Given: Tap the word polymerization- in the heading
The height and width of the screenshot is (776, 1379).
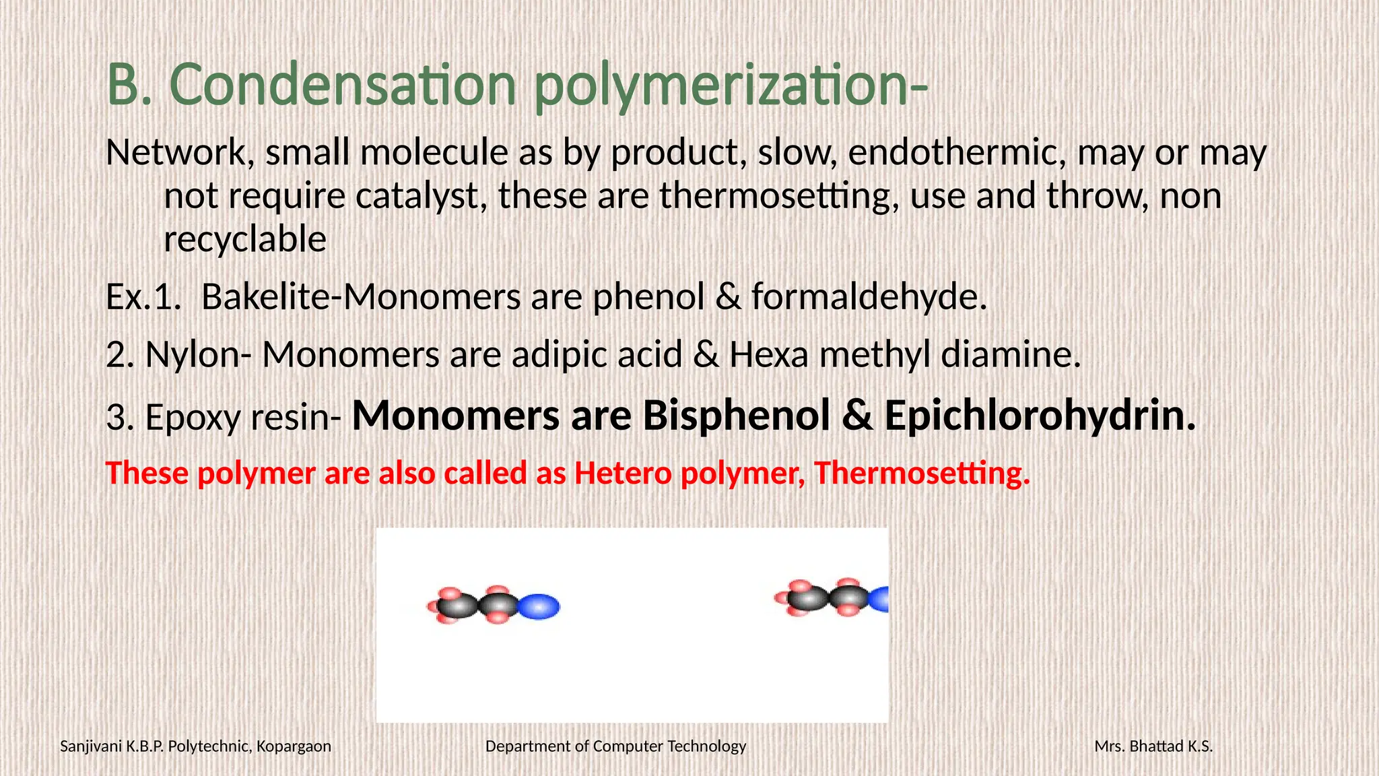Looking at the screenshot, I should coord(731,86).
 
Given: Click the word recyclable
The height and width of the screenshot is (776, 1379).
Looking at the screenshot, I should coord(245,239).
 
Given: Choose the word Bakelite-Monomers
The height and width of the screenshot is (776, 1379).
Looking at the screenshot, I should coord(361,297).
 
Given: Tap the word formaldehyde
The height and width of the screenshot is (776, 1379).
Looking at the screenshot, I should coord(869,297).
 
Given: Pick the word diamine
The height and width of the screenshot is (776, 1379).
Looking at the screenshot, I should coord(1010,355).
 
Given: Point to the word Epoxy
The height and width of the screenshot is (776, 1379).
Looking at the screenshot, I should coord(193,418).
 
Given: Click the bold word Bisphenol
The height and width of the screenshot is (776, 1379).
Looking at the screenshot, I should coord(737,416).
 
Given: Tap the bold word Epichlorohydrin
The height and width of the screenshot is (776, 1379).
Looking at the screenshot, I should coord(1040,416).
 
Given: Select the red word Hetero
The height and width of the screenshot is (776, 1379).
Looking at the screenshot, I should coord(623,473).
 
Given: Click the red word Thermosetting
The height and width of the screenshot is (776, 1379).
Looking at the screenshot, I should coord(922,473).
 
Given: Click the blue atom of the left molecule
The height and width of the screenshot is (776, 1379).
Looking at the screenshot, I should coord(540,606).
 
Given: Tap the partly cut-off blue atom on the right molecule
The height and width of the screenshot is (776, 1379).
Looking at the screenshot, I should coord(879,599).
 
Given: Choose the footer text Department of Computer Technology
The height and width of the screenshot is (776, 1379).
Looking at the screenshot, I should coord(615,746).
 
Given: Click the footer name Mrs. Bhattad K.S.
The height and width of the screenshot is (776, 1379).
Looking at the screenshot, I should coord(1153,746).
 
